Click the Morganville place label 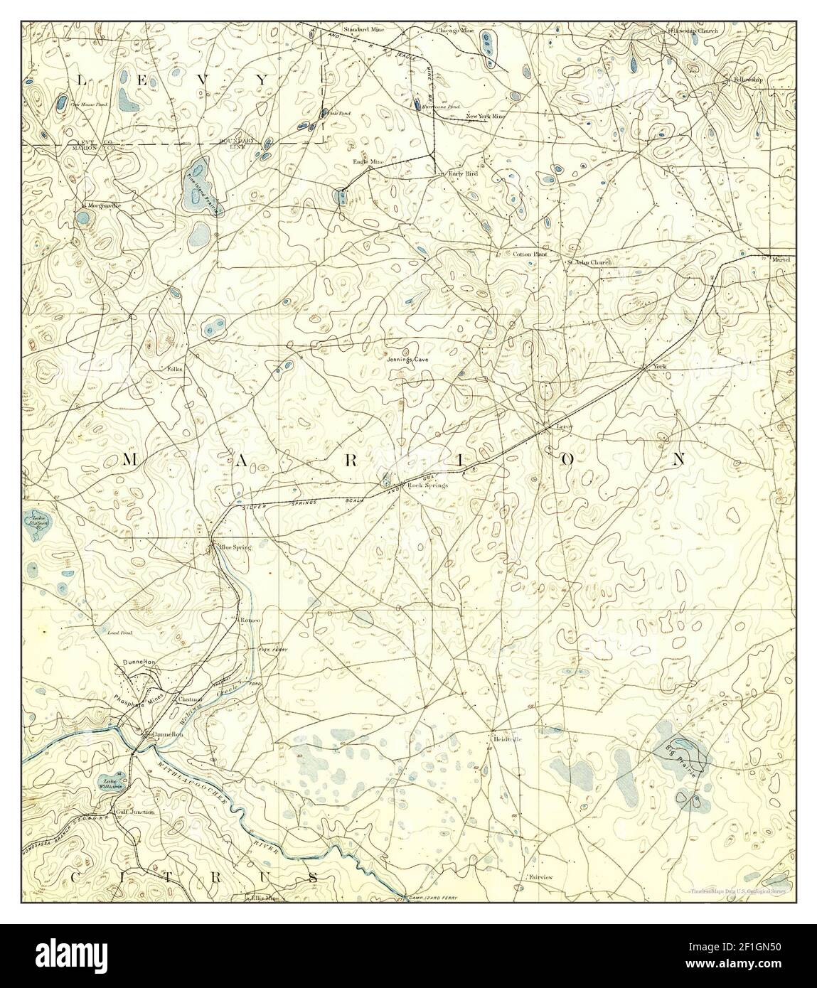point(104,205)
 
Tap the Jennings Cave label point(407,360)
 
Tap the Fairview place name point(541,878)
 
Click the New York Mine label point(486,116)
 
